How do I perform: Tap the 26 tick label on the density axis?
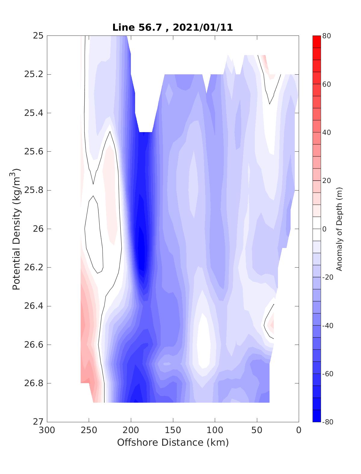38,229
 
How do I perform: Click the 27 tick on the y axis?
38,422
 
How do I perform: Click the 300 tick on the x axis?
47,430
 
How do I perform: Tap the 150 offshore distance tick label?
173,430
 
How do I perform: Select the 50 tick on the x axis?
257,430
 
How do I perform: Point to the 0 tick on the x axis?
299,430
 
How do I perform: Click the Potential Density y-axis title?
17,229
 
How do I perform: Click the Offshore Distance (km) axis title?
173,443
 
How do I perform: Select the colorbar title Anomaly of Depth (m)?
339,229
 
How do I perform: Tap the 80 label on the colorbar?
327,36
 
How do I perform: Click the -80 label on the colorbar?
328,422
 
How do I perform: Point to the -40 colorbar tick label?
328,326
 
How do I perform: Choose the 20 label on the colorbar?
327,181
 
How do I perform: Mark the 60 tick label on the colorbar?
327,84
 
